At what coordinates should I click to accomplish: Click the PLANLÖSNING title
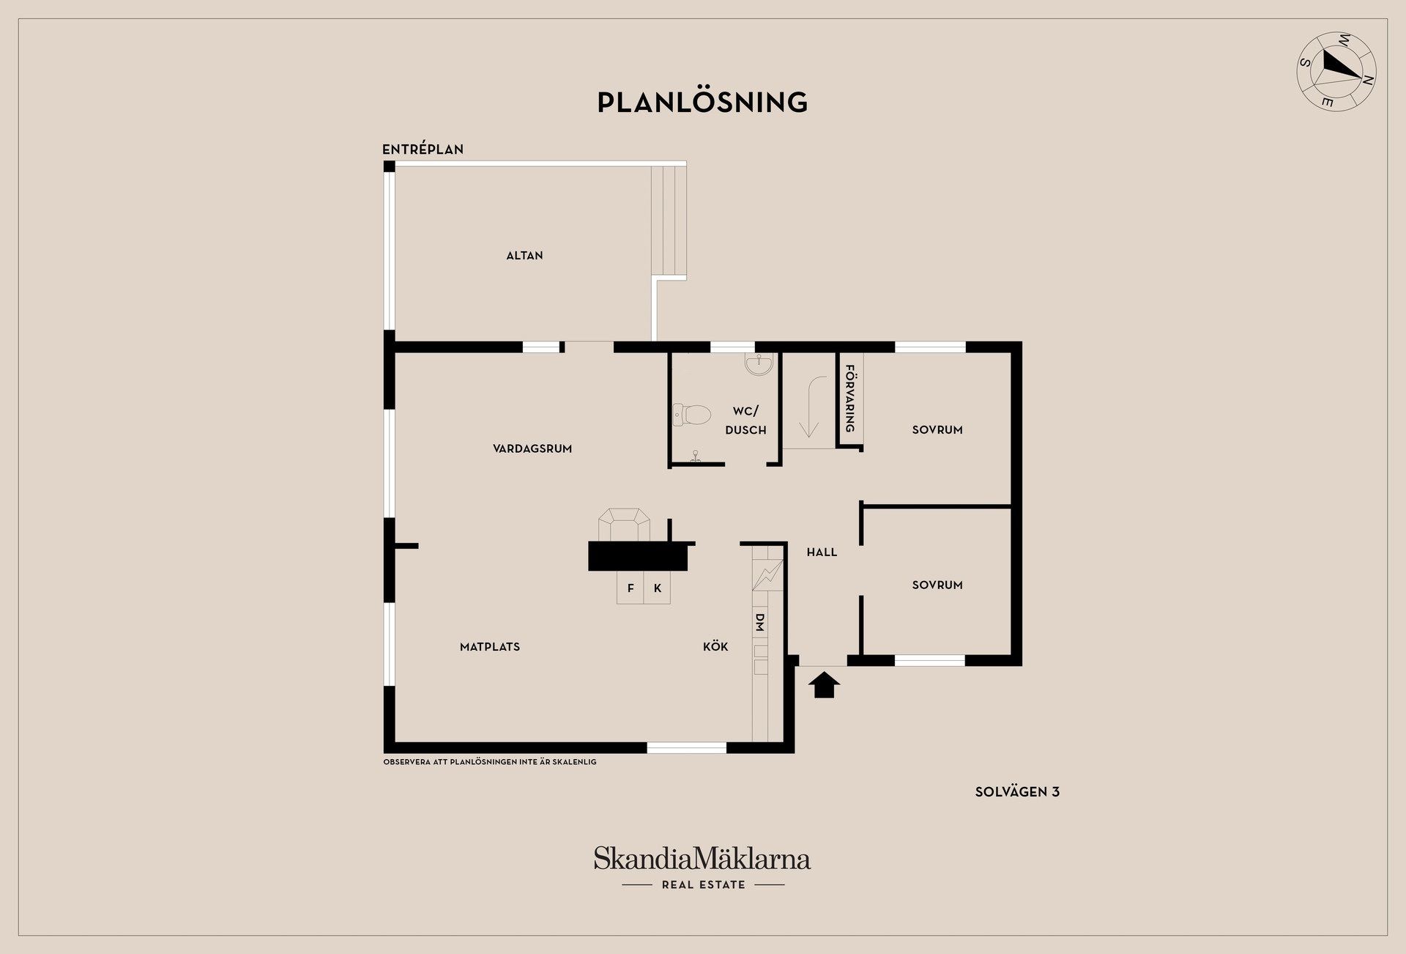[702, 103]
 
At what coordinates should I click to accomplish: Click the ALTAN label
[524, 256]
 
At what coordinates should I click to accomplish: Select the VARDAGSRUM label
[532, 448]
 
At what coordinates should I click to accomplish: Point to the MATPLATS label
[490, 647]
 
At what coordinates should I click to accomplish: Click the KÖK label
[715, 646]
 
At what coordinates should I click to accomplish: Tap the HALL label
[822, 552]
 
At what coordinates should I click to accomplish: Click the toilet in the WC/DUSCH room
[691, 415]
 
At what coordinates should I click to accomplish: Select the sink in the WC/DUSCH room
[759, 364]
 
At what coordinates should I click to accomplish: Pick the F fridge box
[631, 588]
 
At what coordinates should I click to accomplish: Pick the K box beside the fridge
[657, 588]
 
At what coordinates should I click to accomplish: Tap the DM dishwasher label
[759, 623]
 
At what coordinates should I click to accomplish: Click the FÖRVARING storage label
[850, 399]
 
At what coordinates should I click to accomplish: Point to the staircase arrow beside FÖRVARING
[810, 406]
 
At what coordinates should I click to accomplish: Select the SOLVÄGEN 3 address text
[1017, 791]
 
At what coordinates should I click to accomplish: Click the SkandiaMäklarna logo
[702, 868]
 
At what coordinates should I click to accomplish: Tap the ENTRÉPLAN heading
[423, 149]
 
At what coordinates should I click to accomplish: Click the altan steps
[669, 221]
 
